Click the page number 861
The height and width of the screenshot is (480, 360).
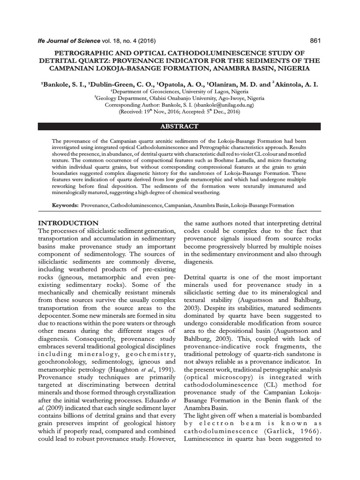(315, 41)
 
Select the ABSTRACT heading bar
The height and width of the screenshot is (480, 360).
(180, 127)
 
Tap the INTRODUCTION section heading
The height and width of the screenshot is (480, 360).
(68, 223)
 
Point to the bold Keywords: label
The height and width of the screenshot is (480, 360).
(66, 205)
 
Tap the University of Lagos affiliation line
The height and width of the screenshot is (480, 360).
(180, 92)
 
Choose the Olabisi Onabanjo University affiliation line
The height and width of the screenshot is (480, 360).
(180, 99)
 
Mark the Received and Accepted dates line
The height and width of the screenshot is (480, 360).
(180, 112)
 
